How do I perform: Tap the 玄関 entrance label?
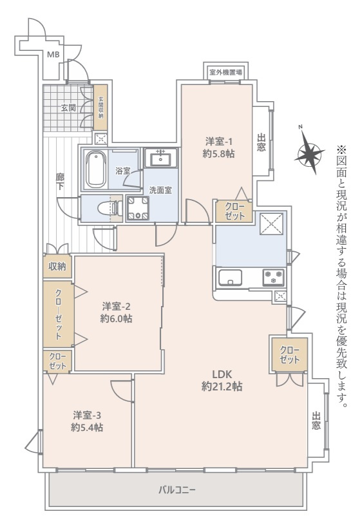pyautogui.click(x=68, y=108)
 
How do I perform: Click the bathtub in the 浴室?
pyautogui.click(x=96, y=169)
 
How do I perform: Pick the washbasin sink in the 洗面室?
pyautogui.click(x=158, y=158)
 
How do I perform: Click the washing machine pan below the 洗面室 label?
pyautogui.click(x=137, y=208)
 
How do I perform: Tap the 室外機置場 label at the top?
pyautogui.click(x=225, y=72)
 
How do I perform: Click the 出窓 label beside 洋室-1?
pyautogui.click(x=261, y=142)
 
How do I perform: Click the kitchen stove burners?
pyautogui.click(x=274, y=278)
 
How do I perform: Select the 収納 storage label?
pyautogui.click(x=57, y=266)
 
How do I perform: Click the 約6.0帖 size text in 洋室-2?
pyautogui.click(x=117, y=318)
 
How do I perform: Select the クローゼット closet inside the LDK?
pyautogui.click(x=290, y=354)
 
